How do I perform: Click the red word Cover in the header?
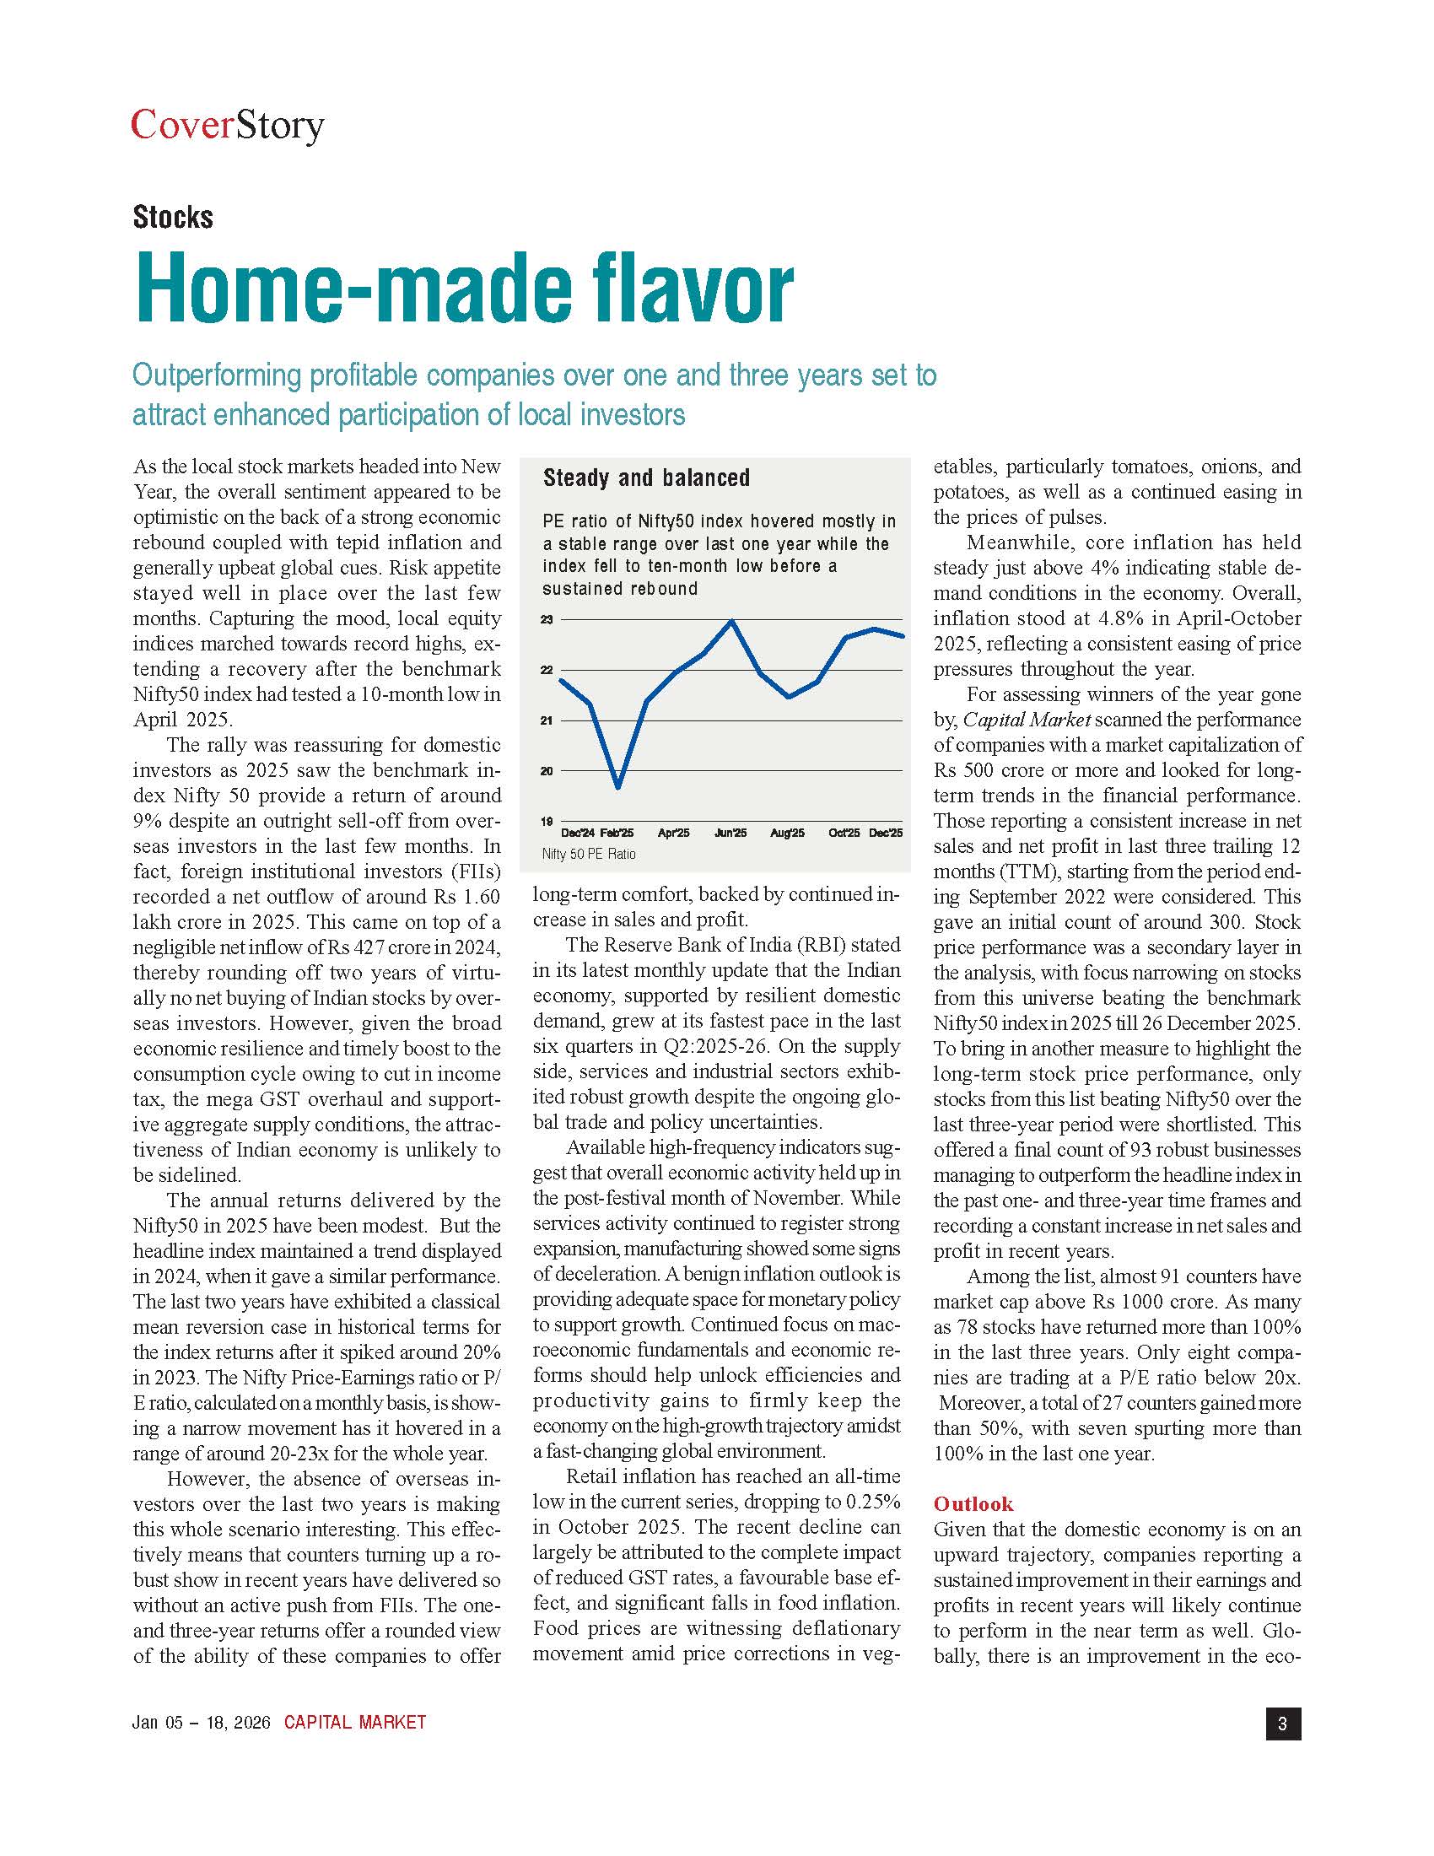tap(182, 126)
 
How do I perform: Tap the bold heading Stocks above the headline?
tap(172, 218)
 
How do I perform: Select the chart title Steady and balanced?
tap(645, 477)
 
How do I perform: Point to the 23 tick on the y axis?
tap(547, 620)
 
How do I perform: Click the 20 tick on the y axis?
tap(547, 771)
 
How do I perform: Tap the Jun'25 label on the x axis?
tap(730, 833)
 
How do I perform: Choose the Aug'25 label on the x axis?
tap(788, 833)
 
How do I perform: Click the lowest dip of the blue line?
tap(618, 787)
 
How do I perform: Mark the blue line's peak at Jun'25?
tap(732, 621)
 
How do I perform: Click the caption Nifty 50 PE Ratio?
tap(589, 854)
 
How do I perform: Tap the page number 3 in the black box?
tap(1283, 1724)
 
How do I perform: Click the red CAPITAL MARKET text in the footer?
tap(355, 1723)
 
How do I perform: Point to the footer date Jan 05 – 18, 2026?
tap(202, 1723)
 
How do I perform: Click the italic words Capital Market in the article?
tap(1027, 720)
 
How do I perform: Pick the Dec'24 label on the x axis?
tap(579, 833)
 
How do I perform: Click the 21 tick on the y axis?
tap(547, 720)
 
